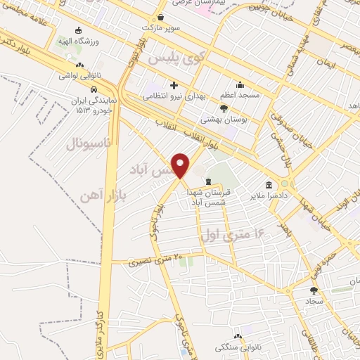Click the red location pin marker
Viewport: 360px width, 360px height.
point(181,165)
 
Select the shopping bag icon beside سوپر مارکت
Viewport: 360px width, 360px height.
point(161,17)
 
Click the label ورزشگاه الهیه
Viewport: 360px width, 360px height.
point(98,40)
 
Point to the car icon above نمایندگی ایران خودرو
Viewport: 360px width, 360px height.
point(94,89)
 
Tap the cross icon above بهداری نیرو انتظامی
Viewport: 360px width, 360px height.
point(174,85)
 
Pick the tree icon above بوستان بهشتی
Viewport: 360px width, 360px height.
point(224,109)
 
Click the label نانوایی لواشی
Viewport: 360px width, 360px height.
point(79,75)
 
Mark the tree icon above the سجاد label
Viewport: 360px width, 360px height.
point(314,289)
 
